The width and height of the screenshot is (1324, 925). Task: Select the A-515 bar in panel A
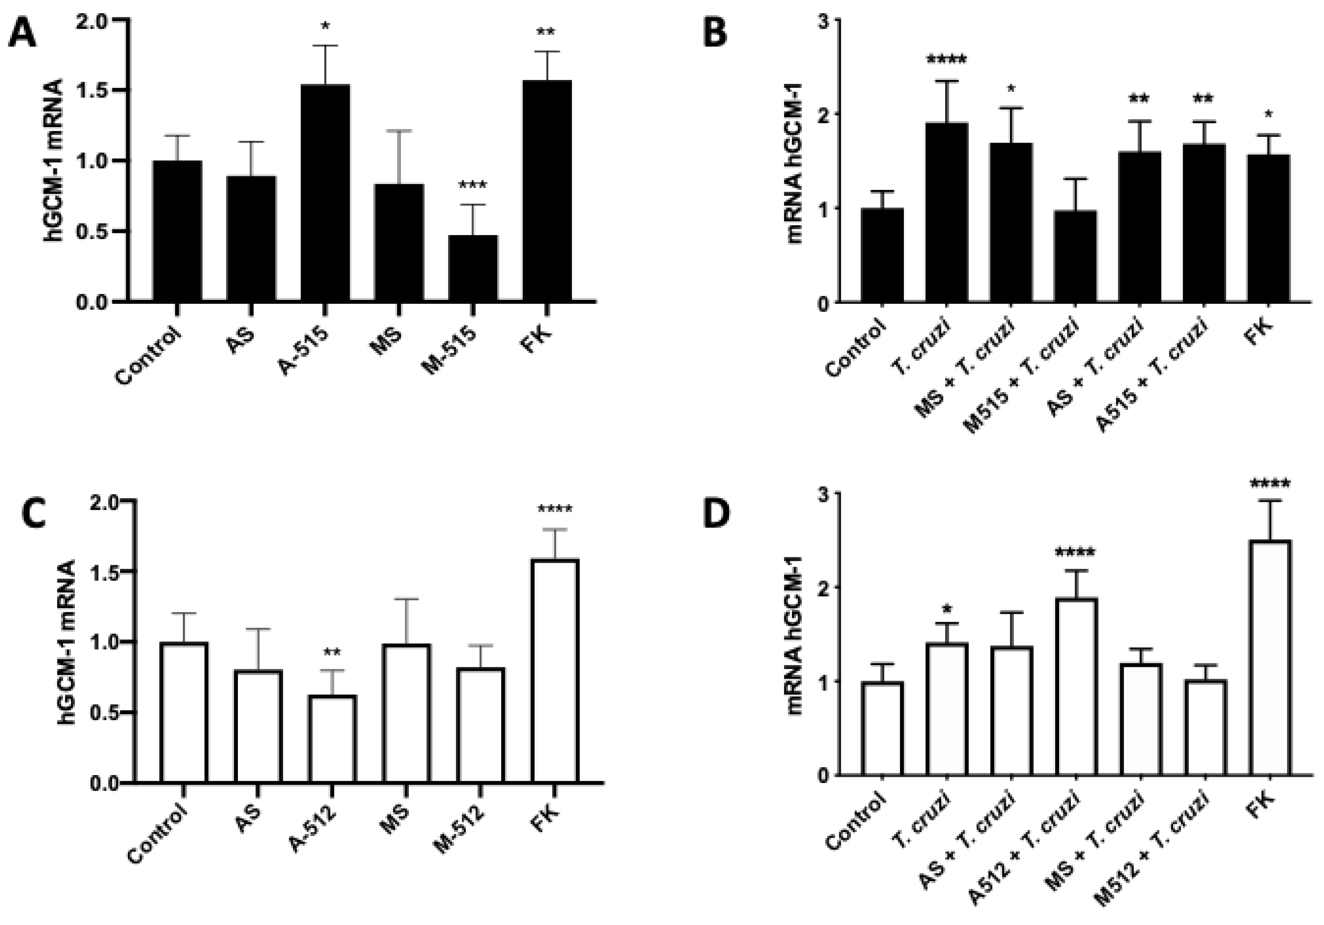click(x=324, y=193)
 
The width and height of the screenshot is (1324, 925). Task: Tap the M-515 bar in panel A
click(x=473, y=268)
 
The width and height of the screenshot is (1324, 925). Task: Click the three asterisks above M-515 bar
click(x=473, y=186)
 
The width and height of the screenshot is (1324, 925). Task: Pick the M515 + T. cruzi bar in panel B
click(x=1076, y=256)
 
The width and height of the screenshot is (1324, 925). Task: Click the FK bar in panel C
click(x=555, y=672)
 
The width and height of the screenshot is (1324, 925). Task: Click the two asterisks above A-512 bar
click(x=332, y=653)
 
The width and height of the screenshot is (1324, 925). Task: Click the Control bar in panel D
click(x=882, y=729)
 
